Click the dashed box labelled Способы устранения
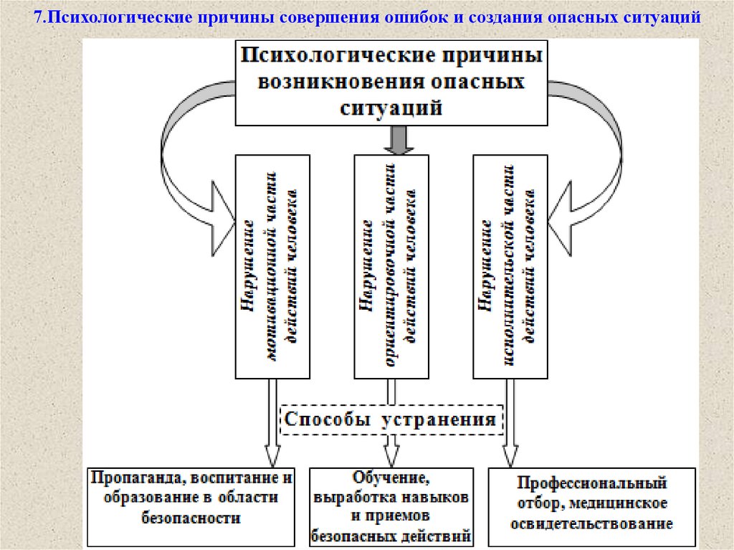391,419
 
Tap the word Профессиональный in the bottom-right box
593,483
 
